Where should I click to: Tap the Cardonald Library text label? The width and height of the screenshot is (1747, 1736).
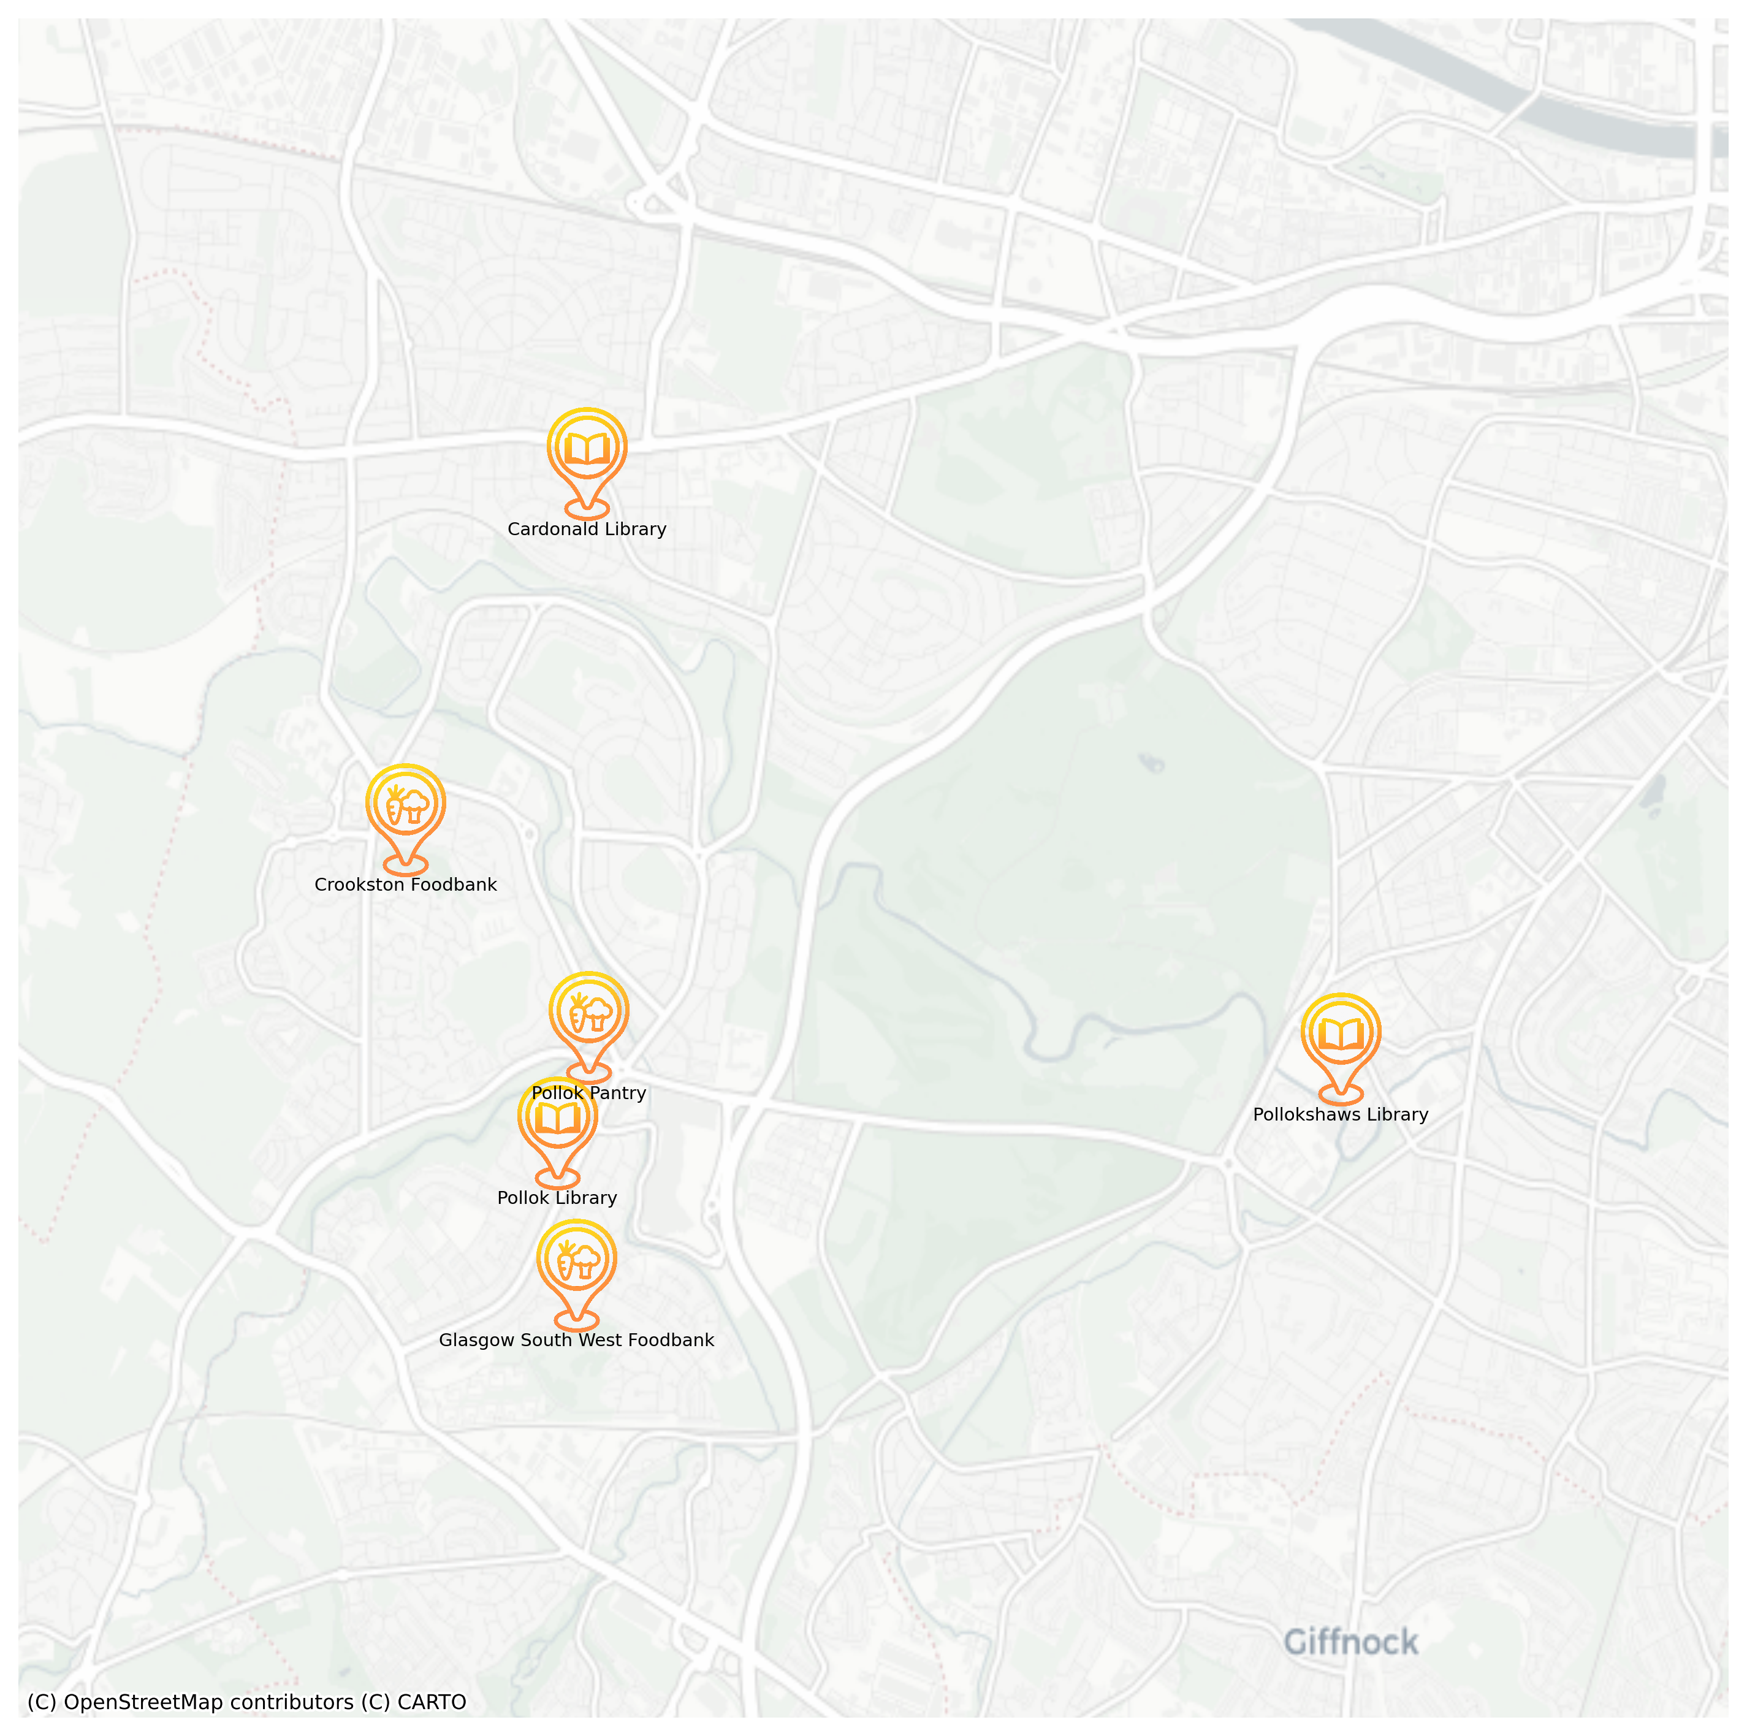(587, 530)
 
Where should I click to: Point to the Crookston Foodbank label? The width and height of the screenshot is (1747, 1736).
(406, 885)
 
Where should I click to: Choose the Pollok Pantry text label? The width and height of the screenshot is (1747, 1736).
(588, 1093)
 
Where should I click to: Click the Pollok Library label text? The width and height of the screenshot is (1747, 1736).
(557, 1198)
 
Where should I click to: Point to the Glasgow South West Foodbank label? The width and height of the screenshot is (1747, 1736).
(576, 1340)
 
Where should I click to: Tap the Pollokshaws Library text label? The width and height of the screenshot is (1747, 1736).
(1341, 1115)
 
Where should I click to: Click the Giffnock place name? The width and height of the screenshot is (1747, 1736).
(1351, 1641)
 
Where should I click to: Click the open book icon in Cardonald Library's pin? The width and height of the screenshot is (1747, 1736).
(587, 449)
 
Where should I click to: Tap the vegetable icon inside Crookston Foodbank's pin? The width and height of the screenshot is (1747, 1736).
(406, 805)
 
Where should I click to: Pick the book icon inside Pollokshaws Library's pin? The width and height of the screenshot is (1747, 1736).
(1341, 1034)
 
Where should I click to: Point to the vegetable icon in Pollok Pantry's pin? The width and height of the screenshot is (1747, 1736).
(588, 1013)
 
